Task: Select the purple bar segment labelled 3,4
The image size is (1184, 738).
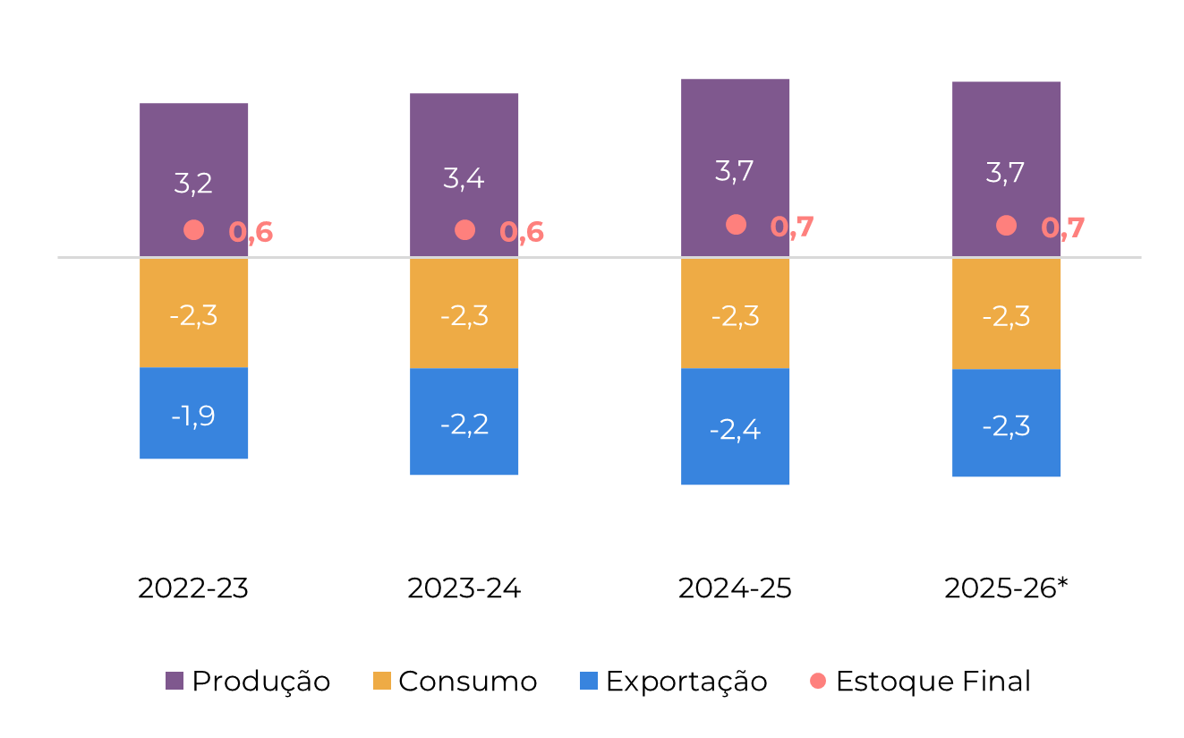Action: pos(464,134)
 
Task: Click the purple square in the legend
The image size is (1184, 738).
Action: pos(175,681)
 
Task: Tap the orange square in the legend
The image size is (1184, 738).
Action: pos(382,681)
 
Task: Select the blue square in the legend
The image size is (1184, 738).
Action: pos(589,681)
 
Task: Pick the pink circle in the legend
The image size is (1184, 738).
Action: pos(818,681)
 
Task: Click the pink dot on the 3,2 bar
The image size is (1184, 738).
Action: pos(193,230)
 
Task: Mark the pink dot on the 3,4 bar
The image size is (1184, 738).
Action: pos(464,230)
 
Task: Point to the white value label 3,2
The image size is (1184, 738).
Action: pos(193,184)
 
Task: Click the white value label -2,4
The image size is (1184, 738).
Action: pos(735,430)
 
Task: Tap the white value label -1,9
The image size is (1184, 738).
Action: pos(193,416)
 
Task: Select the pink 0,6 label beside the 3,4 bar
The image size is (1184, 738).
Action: pos(522,232)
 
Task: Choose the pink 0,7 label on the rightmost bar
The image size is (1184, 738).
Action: pos(1063,227)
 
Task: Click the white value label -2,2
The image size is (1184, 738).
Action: pos(464,424)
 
